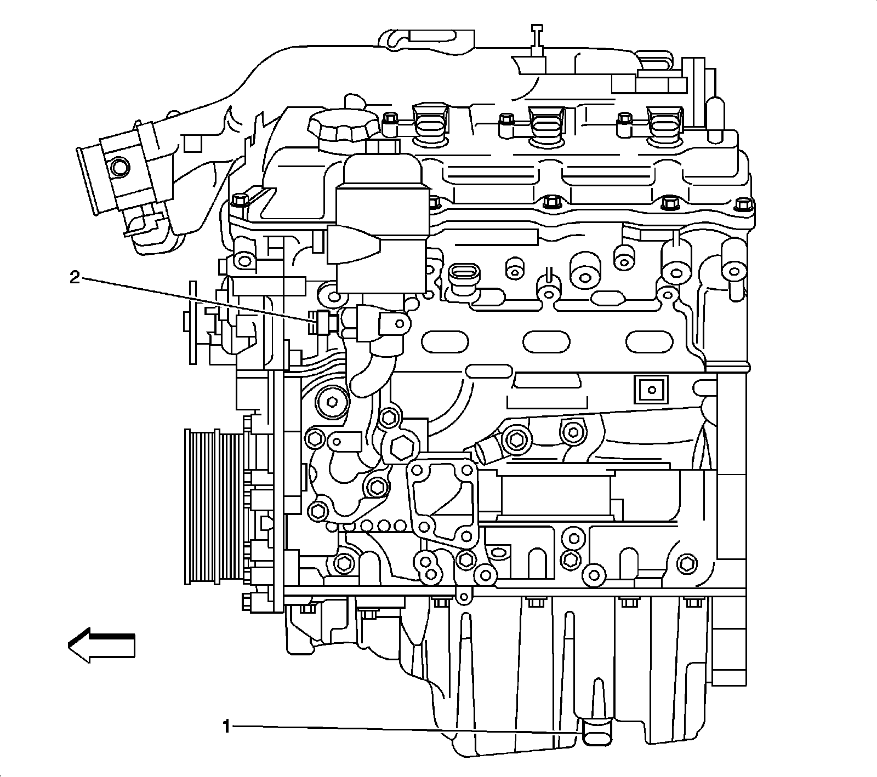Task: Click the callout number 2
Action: tap(75, 278)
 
